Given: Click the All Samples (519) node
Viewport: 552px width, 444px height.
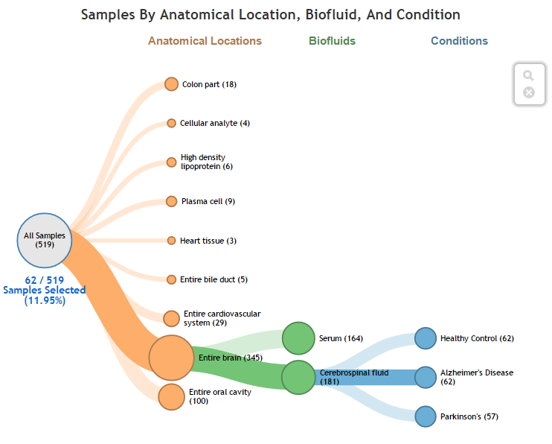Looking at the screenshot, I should tap(45, 239).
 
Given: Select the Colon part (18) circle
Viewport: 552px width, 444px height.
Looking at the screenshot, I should tap(171, 84).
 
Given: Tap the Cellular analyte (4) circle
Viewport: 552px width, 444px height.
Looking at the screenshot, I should tap(171, 123).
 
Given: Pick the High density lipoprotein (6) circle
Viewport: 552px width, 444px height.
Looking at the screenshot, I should tap(171, 162).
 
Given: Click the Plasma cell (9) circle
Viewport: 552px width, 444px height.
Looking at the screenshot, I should tap(171, 201).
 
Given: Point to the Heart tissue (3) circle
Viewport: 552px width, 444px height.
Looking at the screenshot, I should tap(171, 241).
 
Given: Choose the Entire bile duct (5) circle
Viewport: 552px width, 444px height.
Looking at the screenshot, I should tap(171, 279).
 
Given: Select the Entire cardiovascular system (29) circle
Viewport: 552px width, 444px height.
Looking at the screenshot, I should tap(171, 318).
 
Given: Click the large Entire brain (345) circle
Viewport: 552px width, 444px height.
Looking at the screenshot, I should tap(171, 358).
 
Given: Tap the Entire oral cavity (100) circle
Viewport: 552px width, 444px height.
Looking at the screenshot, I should tap(171, 396).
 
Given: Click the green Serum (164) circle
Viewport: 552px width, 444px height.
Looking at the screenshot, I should tap(298, 338).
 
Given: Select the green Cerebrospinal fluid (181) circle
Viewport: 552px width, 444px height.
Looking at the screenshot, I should tap(298, 377).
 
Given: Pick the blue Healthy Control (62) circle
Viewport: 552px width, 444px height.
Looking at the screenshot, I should tap(425, 338).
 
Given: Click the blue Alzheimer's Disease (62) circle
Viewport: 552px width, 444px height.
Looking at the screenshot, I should tap(425, 377).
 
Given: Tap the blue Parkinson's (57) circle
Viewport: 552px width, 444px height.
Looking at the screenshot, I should tap(425, 416).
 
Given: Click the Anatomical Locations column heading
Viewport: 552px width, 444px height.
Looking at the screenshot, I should tap(205, 41).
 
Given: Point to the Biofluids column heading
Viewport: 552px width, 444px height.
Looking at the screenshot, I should tap(332, 41).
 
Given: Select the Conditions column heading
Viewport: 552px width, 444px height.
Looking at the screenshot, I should tap(459, 41).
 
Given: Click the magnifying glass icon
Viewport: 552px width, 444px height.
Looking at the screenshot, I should tap(528, 76).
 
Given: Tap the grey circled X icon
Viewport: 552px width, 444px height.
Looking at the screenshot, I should tap(529, 92).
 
